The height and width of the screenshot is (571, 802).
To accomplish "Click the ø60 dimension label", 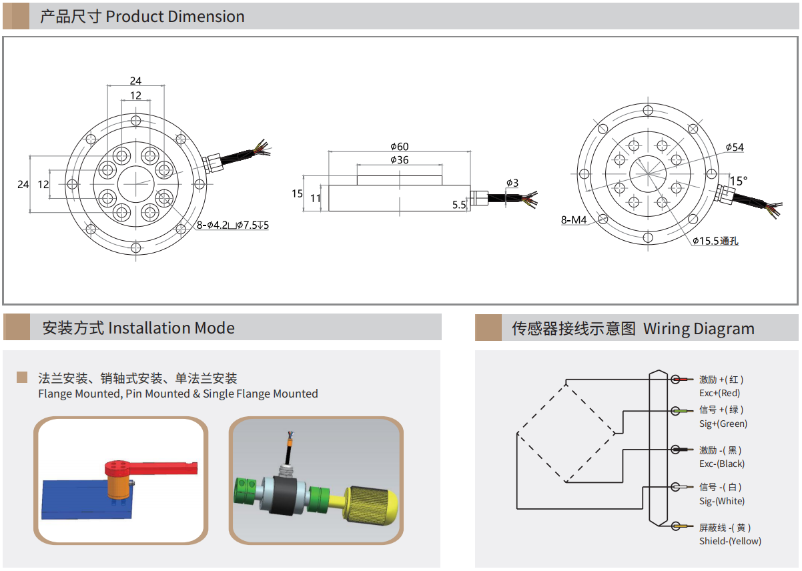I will coord(400,146).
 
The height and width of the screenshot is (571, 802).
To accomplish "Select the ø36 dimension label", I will coord(400,159).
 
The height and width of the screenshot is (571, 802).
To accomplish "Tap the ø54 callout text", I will coord(735,147).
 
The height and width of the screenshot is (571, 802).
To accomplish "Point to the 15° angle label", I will coord(739,181).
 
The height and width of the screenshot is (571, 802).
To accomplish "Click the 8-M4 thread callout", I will coord(573,219).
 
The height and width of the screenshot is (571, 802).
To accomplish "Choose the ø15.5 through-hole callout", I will coord(715,241).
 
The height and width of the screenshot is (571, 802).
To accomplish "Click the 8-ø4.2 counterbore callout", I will coord(233,225).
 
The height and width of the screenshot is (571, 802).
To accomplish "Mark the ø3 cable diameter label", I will coord(512,183).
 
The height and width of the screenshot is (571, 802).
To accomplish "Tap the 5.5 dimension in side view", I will coord(459,205).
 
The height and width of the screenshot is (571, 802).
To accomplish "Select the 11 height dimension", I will coord(316,198).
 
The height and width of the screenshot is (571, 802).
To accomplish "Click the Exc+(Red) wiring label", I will coord(719,393).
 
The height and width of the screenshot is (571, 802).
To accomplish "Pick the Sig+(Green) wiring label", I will coord(723,424).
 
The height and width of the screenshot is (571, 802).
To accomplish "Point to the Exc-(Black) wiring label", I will coord(722,464).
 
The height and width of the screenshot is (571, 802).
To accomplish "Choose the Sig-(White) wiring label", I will coord(722,501).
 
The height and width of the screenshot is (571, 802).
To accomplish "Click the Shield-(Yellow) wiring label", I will coord(730,541).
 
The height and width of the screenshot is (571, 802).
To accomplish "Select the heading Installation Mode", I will coord(171,328).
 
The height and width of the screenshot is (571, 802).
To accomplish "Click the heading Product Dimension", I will coord(175,17).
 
